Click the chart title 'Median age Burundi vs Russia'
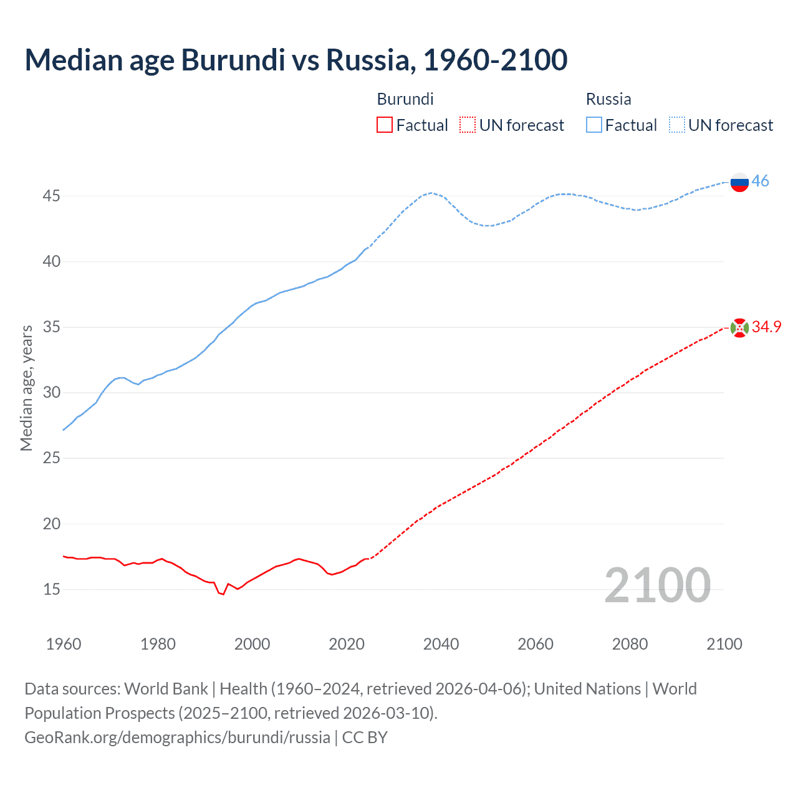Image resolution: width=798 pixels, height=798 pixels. (x=296, y=60)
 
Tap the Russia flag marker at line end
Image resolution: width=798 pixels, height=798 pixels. (x=739, y=182)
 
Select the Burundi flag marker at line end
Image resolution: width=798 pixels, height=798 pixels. (x=739, y=328)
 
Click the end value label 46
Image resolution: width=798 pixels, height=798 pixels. (x=760, y=181)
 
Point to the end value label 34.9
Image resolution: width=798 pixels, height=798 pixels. (x=766, y=327)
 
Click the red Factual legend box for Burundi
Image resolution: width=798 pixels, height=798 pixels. (x=385, y=125)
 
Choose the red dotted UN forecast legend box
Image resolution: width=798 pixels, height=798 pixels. (x=468, y=125)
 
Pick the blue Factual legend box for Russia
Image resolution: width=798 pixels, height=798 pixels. (x=594, y=125)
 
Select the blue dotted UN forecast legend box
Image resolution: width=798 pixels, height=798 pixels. (x=676, y=125)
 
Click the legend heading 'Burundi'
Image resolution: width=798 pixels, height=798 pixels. (x=405, y=99)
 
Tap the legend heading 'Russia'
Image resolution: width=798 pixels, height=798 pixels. (x=608, y=99)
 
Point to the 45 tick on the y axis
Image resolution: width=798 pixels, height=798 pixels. (x=51, y=196)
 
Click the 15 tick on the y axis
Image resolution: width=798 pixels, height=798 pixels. (x=51, y=589)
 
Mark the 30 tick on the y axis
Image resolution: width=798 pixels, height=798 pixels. (x=51, y=393)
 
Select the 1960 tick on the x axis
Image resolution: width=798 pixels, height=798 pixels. (x=64, y=644)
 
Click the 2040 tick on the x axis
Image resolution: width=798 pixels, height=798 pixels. (x=441, y=644)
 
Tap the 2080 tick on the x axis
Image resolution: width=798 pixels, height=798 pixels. (x=630, y=644)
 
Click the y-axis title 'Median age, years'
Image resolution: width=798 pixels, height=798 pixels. (x=26, y=388)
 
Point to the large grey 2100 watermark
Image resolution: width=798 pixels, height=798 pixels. (x=658, y=585)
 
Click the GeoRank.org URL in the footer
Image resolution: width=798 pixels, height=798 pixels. (x=177, y=738)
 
